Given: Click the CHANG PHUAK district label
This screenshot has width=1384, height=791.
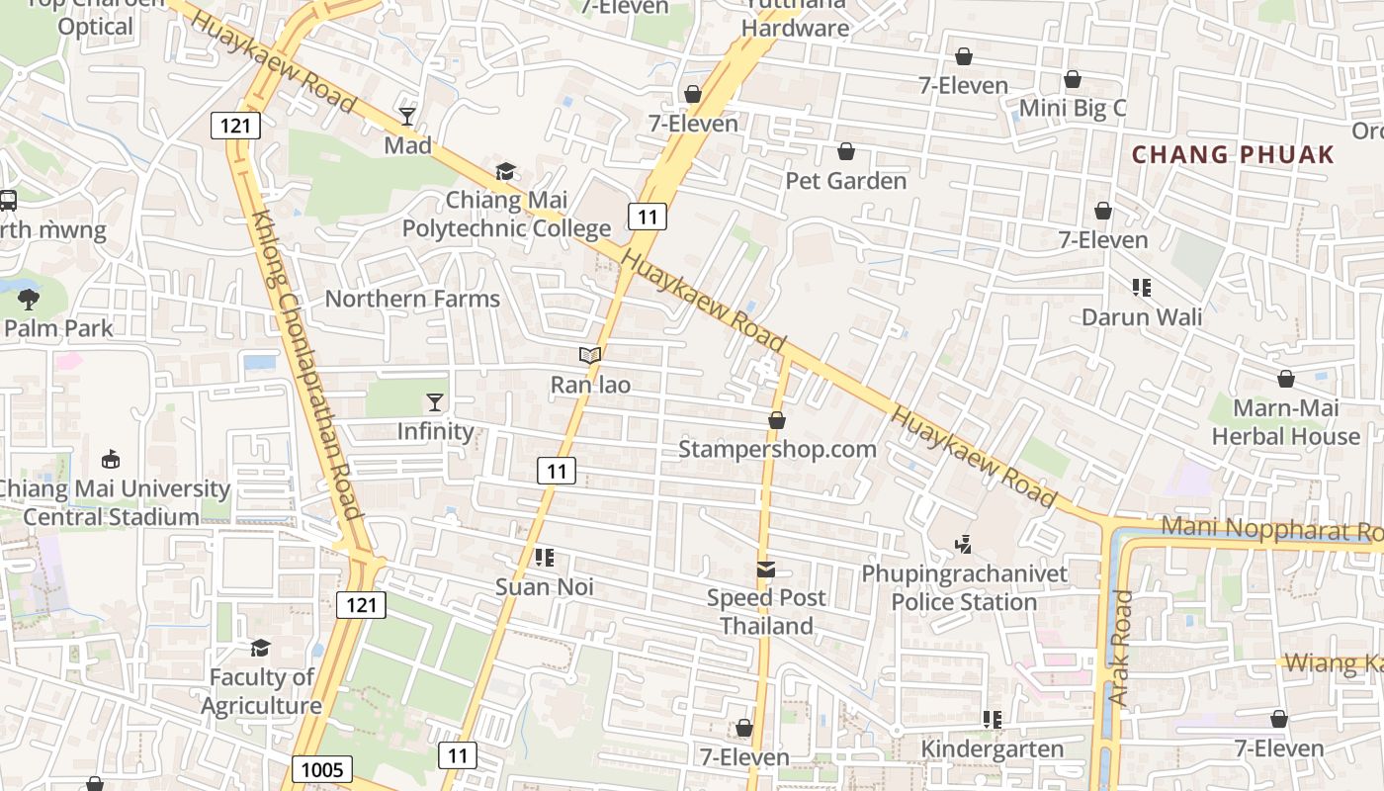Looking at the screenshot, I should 1233,154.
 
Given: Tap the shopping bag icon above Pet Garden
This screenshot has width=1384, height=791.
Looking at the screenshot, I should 846,151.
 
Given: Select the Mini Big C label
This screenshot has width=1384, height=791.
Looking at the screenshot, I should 1073,108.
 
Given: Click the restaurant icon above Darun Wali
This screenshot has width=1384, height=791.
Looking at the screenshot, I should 1142,288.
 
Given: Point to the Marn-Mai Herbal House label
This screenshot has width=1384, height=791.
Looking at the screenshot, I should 1286,422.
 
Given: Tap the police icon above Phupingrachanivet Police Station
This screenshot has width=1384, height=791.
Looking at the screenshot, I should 964,543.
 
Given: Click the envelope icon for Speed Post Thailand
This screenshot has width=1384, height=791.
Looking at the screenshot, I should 766,569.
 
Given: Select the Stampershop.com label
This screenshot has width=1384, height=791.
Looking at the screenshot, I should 777,449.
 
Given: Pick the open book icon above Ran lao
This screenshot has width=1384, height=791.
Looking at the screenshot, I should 590,355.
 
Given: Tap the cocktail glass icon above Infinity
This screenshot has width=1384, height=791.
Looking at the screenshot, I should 435,401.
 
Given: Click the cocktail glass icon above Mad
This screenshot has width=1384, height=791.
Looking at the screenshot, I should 407,117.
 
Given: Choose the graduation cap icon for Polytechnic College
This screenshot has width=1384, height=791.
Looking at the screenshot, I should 506,171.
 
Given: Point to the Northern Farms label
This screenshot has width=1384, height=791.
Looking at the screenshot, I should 412,299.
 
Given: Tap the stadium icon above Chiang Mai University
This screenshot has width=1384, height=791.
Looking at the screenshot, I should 111,460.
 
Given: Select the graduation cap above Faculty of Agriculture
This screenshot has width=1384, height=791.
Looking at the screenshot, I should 260,648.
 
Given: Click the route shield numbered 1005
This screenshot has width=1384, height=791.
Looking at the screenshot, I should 323,769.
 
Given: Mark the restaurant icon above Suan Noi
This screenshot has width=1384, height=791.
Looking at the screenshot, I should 544,558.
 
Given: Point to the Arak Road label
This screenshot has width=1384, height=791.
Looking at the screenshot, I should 1120,648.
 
